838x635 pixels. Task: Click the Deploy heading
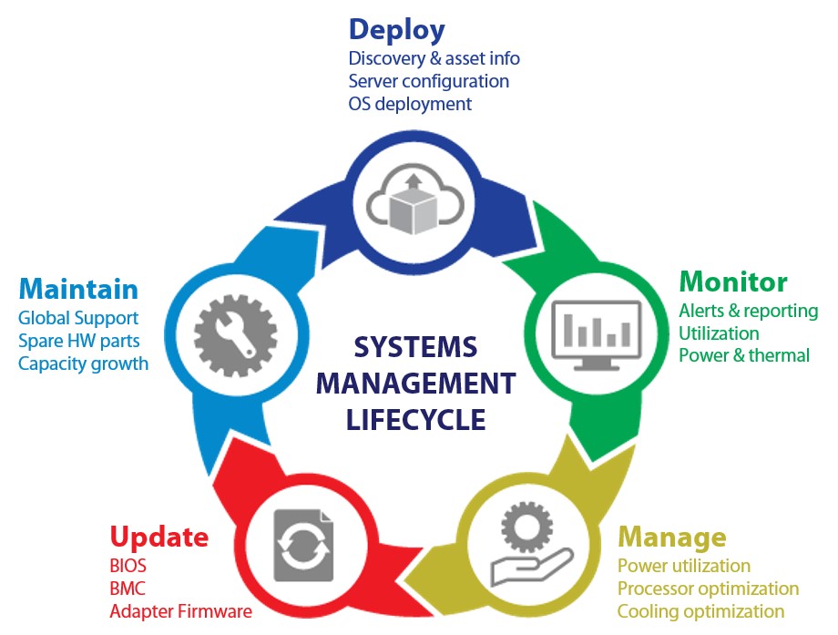[x=396, y=29]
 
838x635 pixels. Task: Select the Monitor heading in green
[x=733, y=281]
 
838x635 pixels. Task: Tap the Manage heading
[x=671, y=536]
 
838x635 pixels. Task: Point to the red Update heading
[x=158, y=536]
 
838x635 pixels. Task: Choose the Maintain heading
[x=78, y=289]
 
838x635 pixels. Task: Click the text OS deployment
[x=410, y=104]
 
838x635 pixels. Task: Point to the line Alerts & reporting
[x=748, y=311]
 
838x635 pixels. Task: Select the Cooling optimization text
[x=700, y=611]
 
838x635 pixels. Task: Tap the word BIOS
[x=128, y=566]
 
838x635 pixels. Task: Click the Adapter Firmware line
[x=180, y=611]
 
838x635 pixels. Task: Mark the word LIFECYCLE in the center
[x=415, y=420]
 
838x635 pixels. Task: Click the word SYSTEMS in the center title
[x=415, y=347]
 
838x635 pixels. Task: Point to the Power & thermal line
[x=743, y=355]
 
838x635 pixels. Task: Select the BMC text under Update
[x=127, y=589]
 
